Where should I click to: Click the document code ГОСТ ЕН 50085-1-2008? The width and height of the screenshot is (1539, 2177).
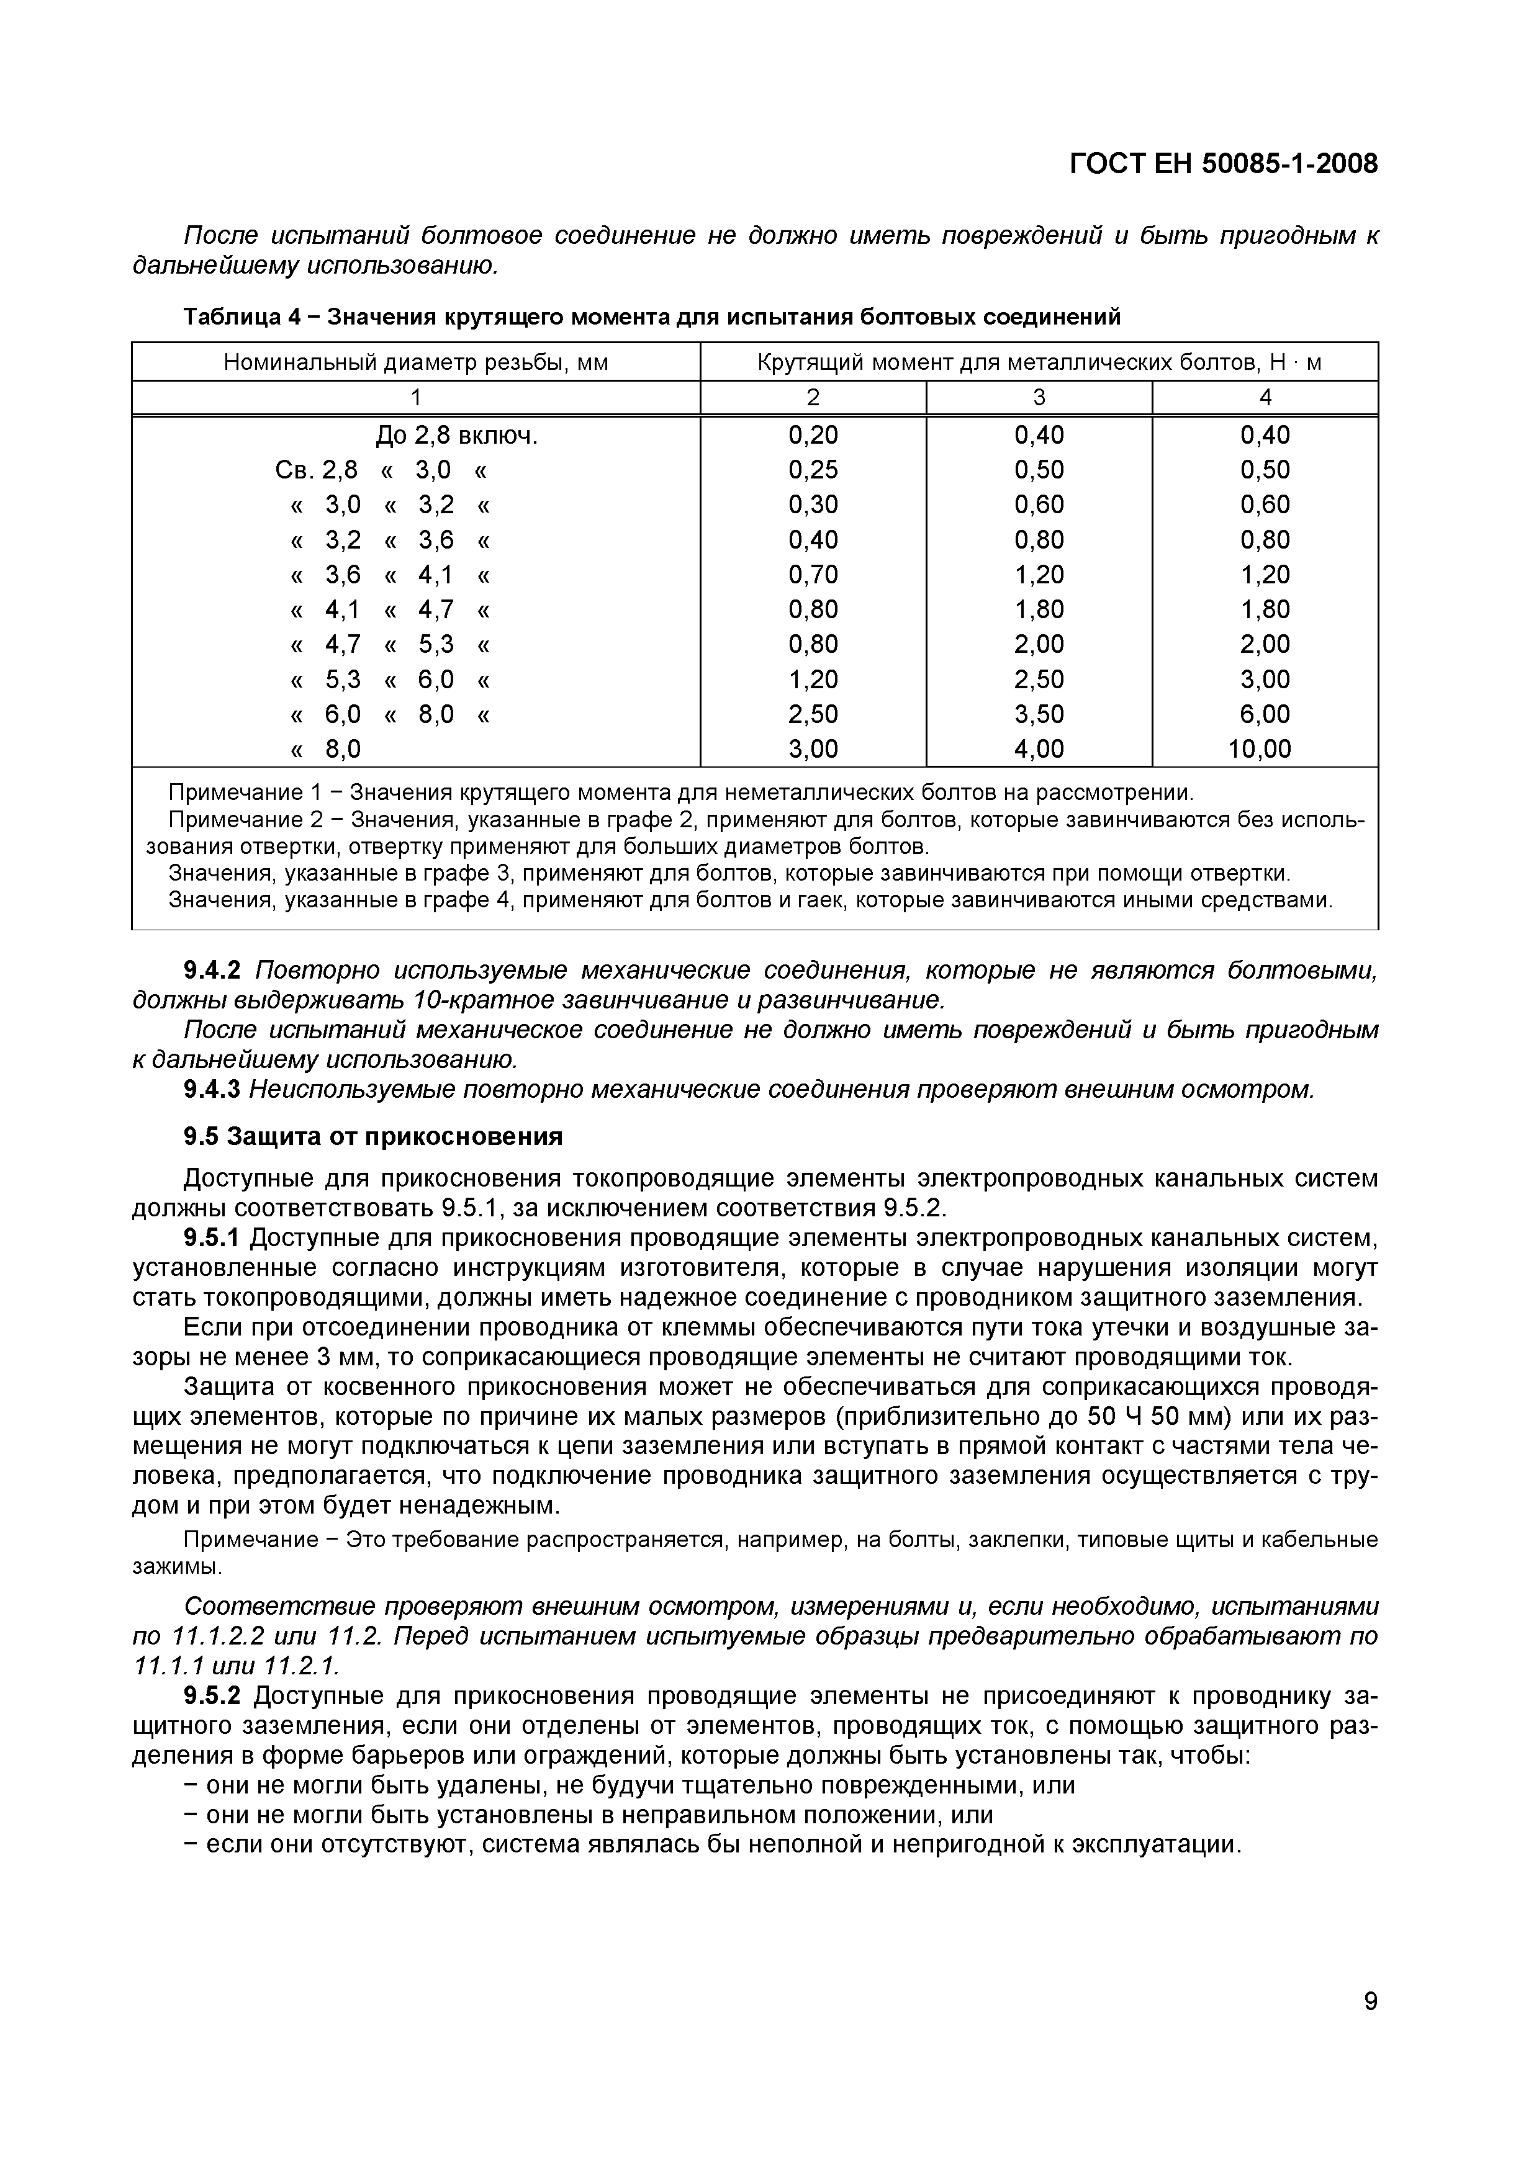[1223, 164]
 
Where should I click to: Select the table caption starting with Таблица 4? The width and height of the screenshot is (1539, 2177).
[651, 316]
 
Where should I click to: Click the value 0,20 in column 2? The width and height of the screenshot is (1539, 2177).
[813, 435]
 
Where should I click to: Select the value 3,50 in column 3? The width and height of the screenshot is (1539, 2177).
[1039, 714]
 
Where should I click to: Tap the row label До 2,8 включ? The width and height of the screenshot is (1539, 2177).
[457, 435]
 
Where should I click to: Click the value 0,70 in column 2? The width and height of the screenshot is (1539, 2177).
[813, 575]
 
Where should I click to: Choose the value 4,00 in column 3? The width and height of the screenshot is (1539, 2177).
[1039, 749]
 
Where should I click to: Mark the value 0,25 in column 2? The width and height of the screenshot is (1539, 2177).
[813, 470]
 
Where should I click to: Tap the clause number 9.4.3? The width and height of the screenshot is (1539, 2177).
[212, 1090]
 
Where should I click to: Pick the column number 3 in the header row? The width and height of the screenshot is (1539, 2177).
[1039, 397]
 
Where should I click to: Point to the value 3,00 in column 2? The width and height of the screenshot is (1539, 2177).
[813, 749]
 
